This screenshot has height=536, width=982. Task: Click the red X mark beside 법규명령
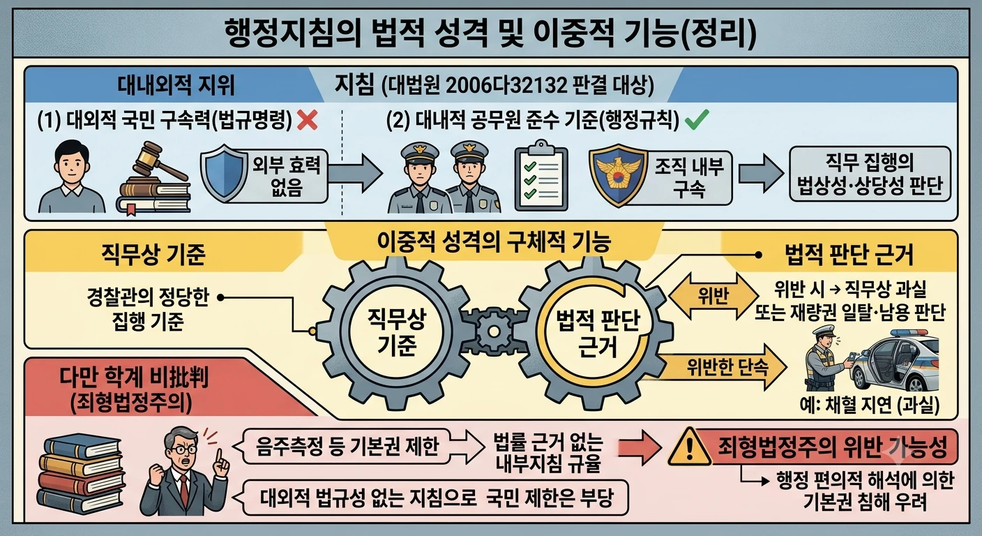coord(308,120)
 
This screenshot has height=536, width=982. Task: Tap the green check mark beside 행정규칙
coord(697,119)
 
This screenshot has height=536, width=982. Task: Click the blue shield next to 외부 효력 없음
coord(224,173)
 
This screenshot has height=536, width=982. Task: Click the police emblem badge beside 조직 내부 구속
coord(619,175)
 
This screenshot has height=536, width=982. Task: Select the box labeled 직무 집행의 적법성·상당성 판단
coord(870,174)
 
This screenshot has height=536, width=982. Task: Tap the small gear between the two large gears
coord(493,332)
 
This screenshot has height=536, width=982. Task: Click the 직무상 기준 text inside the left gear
coord(397,332)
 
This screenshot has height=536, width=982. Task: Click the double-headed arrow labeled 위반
coord(713,296)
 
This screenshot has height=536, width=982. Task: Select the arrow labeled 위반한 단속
coord(719,367)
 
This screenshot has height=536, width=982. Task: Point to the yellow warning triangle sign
coord(689,447)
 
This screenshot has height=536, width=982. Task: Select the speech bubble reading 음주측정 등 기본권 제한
coord(347,447)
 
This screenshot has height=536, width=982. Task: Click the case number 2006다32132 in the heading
coord(506,86)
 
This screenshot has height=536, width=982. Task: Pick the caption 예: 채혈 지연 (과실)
coord(869,405)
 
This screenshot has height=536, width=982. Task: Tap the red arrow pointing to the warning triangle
coord(640,447)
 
